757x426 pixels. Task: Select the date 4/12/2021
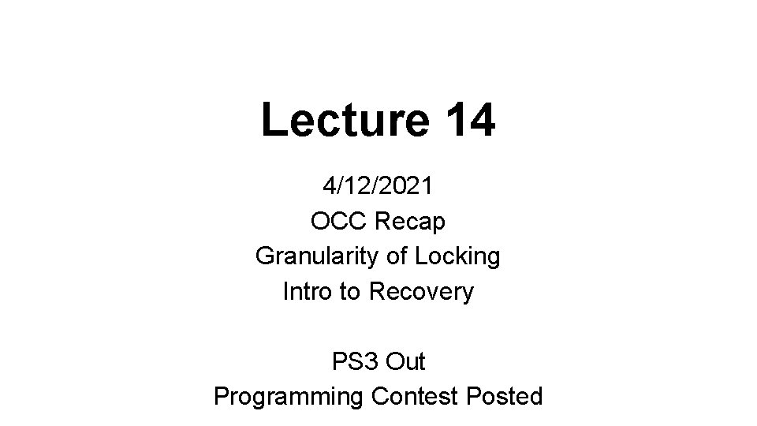pyautogui.click(x=378, y=186)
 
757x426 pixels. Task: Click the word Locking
pyautogui.click(x=463, y=256)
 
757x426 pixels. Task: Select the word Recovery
pyautogui.click(x=422, y=291)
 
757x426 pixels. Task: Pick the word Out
pyautogui.click(x=406, y=361)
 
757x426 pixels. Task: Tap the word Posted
pyautogui.click(x=503, y=396)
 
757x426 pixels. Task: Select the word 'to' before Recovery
pyautogui.click(x=349, y=291)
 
